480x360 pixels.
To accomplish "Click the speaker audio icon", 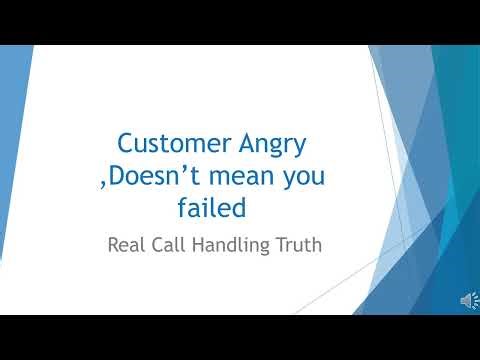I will coord(467,300).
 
